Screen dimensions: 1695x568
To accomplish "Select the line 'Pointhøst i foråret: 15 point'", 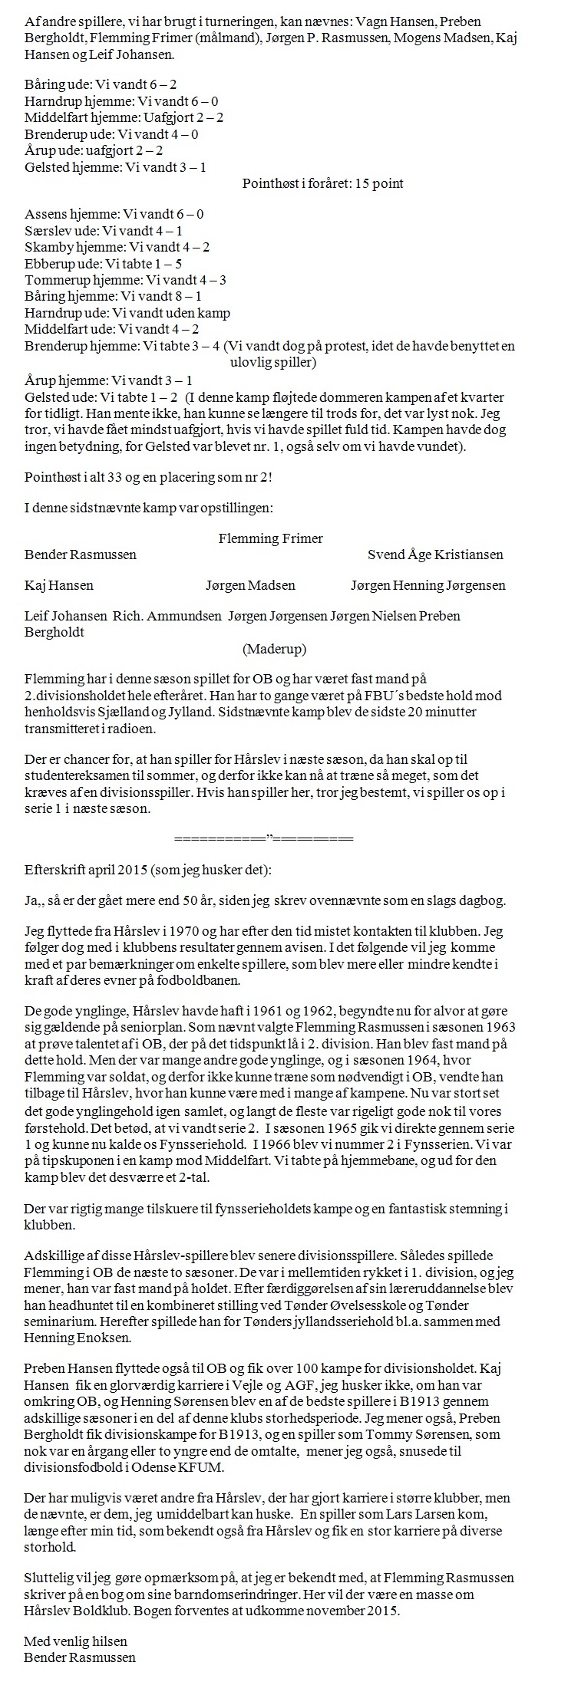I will (322, 183).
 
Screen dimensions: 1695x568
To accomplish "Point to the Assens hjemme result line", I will (114, 214).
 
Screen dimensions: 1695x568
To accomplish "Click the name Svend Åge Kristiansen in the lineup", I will (435, 555).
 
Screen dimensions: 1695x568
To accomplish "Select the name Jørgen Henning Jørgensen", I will (428, 585).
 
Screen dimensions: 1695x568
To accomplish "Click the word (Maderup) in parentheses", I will (274, 649).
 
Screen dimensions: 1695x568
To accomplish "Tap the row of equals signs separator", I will (264, 838).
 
